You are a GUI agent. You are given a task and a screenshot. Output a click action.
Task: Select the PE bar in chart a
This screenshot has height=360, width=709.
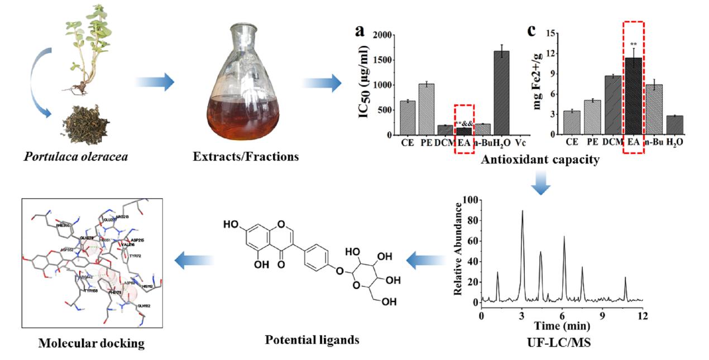[427, 109]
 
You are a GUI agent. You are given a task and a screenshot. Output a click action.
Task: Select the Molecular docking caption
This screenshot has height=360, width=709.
[91, 343]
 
